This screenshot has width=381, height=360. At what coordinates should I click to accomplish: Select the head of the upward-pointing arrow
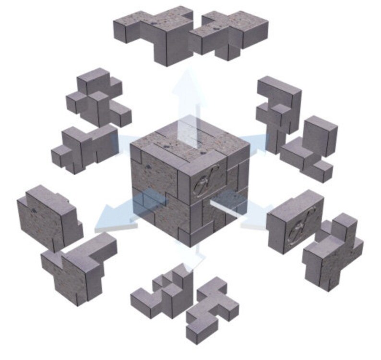point(187,82)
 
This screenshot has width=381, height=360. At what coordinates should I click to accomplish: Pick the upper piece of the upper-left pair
point(98,98)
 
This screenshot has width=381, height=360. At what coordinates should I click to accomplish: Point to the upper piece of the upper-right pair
point(278,110)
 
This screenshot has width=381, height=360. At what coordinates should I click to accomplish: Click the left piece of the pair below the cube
point(163,293)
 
